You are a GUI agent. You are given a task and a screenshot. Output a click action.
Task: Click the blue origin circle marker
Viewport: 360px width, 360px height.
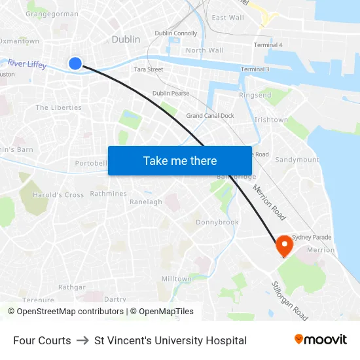75,63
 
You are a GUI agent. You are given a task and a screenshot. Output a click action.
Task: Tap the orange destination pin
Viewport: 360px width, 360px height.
284,245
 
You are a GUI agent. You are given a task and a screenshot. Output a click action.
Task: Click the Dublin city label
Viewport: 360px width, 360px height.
126,39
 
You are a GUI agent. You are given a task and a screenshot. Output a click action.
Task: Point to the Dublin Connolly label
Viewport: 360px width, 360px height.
175,33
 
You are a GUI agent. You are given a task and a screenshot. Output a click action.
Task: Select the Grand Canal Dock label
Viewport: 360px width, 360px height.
210,116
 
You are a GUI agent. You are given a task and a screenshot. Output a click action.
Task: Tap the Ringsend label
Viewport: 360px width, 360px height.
255,96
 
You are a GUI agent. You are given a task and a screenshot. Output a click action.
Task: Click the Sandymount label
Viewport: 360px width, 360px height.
297,160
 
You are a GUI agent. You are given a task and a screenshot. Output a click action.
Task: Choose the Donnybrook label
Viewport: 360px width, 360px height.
217,223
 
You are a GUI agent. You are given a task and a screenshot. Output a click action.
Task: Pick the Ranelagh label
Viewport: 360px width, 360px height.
146,202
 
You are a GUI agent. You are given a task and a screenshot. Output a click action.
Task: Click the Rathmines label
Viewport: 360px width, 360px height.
108,194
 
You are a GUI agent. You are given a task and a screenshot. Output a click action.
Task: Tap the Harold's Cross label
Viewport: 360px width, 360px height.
58,195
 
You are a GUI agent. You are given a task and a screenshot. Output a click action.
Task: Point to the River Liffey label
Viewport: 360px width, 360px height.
27,64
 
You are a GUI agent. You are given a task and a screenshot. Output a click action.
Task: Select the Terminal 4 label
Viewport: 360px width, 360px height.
268,45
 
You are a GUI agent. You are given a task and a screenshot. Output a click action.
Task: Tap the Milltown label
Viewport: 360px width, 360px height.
177,279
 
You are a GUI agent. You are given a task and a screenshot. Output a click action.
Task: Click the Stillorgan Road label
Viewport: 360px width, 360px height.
289,301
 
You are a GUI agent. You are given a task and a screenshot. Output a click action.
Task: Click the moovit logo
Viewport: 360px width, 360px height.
321,340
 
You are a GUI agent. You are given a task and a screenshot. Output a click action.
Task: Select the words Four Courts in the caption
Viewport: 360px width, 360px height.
42,340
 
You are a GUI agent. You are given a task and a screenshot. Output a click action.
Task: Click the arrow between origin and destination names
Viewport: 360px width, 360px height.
82,340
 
